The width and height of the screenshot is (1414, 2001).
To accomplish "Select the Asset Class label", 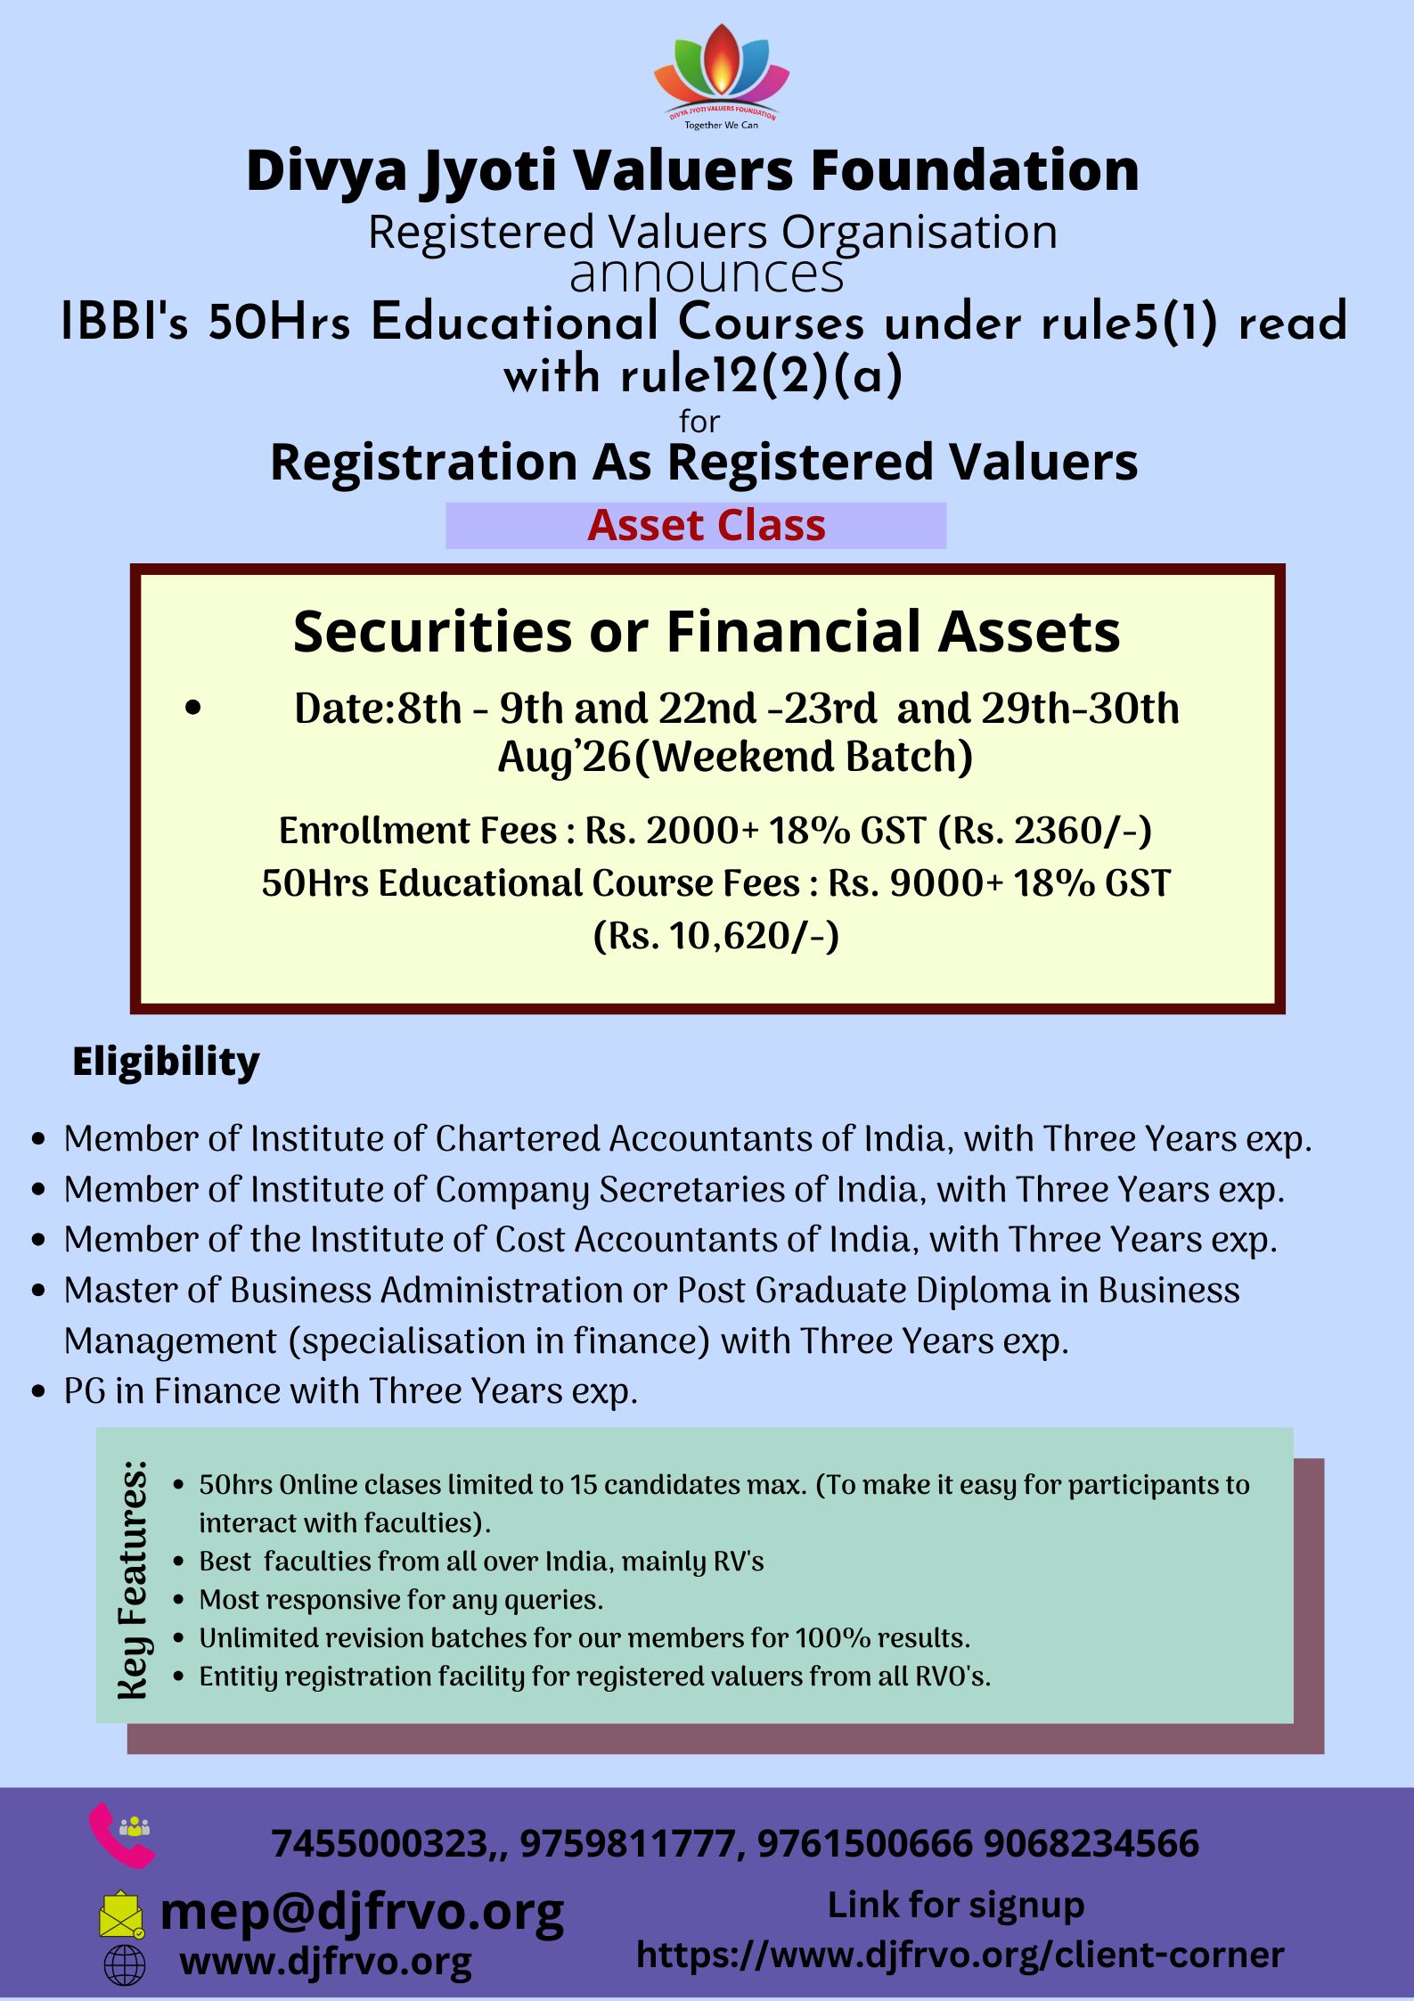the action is [x=707, y=525].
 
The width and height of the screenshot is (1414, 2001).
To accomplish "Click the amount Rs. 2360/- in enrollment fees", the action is [x=1045, y=830].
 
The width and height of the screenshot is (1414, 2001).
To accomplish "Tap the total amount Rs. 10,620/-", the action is [x=716, y=936].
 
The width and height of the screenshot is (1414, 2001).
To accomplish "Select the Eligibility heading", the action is [x=166, y=1062].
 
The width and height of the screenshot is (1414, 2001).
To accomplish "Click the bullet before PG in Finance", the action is [x=37, y=1392].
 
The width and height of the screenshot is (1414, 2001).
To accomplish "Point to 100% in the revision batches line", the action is [x=833, y=1638].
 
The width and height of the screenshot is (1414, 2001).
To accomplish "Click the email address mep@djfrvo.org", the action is [x=362, y=1911].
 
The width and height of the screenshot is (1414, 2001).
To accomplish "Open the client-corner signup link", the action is [x=960, y=1955].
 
